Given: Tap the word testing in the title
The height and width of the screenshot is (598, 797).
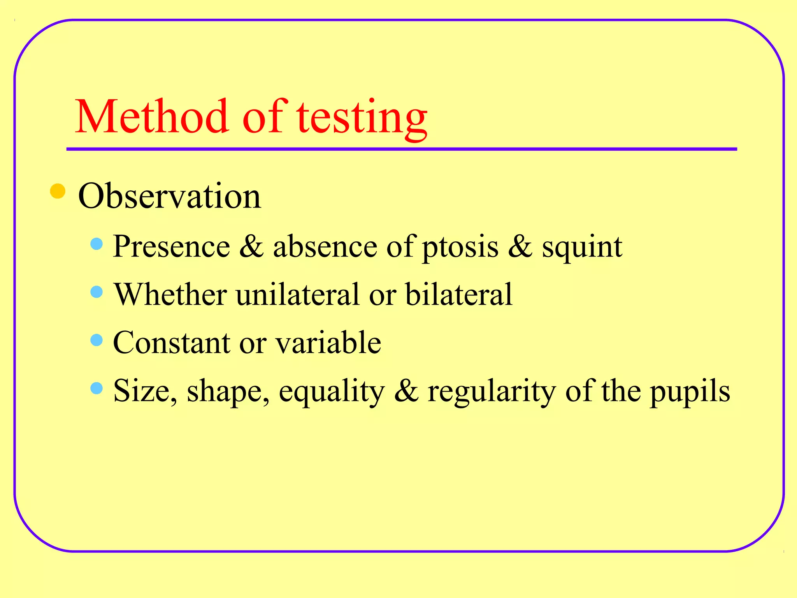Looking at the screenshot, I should click(x=362, y=119).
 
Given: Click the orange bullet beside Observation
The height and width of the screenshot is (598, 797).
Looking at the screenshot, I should click(x=58, y=191).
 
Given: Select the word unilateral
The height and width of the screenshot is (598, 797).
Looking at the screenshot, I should click(x=298, y=294).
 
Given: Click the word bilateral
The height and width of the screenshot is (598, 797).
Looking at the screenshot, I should click(x=459, y=294).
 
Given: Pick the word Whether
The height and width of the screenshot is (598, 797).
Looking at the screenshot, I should click(x=170, y=294).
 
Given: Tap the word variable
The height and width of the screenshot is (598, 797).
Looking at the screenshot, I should click(x=328, y=343).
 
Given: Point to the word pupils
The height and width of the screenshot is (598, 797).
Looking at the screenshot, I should click(x=690, y=392).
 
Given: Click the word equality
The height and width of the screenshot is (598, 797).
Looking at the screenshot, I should click(x=332, y=392).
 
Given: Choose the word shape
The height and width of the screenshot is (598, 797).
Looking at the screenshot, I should click(x=228, y=392).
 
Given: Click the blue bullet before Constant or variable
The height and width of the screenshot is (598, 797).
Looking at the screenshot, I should click(x=96, y=340).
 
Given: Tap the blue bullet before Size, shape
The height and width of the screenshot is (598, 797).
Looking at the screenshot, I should click(x=96, y=388).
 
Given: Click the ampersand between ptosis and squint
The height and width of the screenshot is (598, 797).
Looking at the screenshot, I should click(x=520, y=246).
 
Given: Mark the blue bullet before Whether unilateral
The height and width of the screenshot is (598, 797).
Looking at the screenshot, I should click(x=96, y=292).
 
